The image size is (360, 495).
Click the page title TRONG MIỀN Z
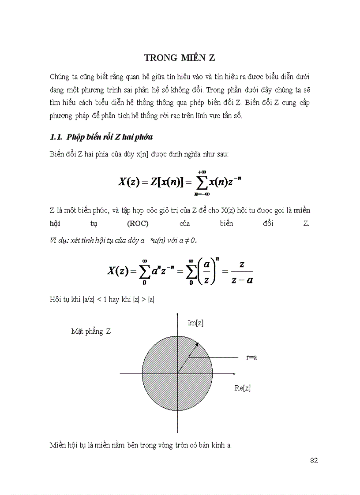pos(180,58)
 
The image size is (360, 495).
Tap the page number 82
pos(314,461)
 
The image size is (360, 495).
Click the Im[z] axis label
pos(195,323)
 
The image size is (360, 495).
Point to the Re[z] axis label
pos(243,388)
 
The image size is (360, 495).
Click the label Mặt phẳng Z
pos(91,331)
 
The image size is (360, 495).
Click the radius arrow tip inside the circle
pos(197,344)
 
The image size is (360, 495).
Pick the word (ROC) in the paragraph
pos(137,223)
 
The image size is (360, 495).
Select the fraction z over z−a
pos(241,272)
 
